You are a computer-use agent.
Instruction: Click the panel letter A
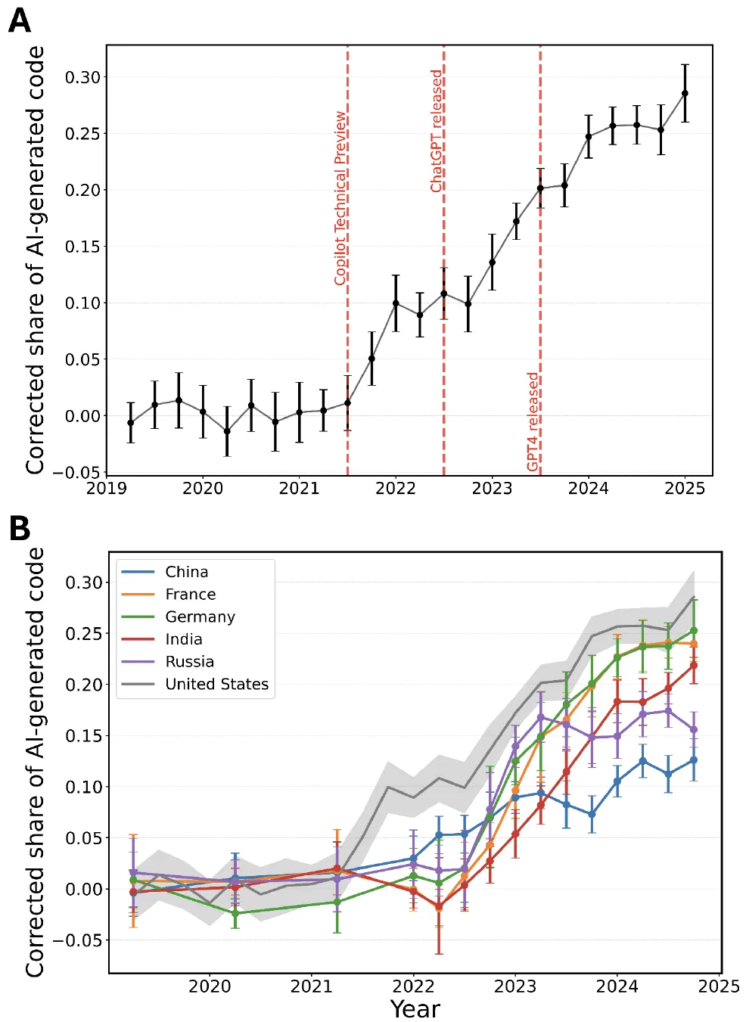[x=20, y=20]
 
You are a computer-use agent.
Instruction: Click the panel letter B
[x=20, y=529]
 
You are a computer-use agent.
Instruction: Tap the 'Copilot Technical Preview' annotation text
[x=340, y=198]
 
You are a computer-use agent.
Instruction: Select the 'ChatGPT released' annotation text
[x=437, y=131]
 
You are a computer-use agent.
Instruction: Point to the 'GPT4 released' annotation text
[x=533, y=421]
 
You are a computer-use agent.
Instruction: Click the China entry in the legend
[x=186, y=572]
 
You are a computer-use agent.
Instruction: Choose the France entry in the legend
[x=190, y=595]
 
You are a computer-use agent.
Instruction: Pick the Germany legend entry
[x=200, y=617]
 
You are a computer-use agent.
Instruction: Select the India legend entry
[x=183, y=639]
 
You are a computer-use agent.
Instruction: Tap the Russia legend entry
[x=189, y=662]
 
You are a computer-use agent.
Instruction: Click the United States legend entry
[x=216, y=684]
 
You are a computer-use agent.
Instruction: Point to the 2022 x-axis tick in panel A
[x=396, y=488]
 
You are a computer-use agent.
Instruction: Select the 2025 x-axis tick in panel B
[x=719, y=986]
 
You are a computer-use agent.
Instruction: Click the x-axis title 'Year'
[x=415, y=1009]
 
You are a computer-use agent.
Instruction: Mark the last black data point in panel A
[x=685, y=93]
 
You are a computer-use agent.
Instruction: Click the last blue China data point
[x=694, y=760]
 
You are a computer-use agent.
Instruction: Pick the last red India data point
[x=694, y=666]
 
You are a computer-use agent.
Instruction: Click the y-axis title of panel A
[x=35, y=260]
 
